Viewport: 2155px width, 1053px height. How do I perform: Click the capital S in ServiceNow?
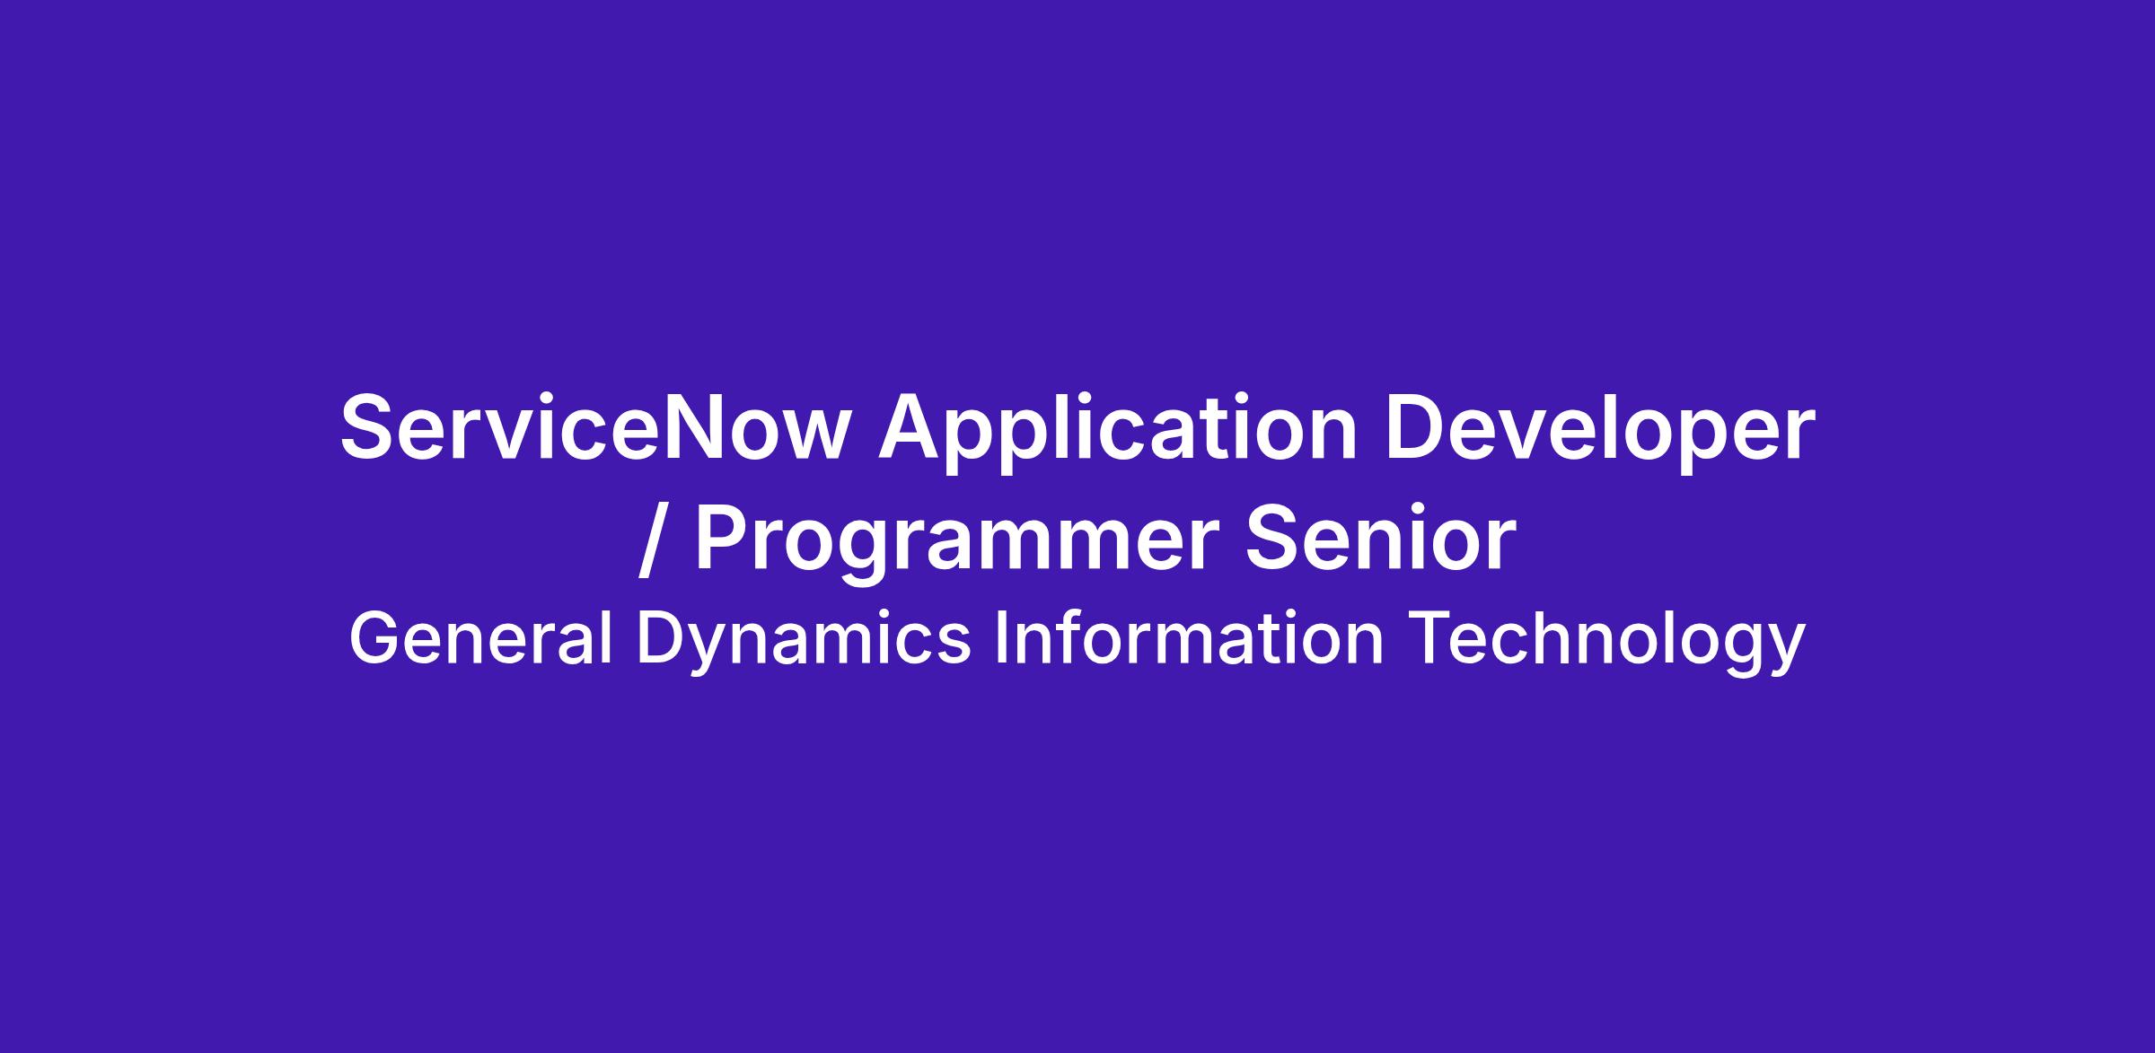pos(369,428)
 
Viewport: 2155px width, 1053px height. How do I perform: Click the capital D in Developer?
pos(1417,428)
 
